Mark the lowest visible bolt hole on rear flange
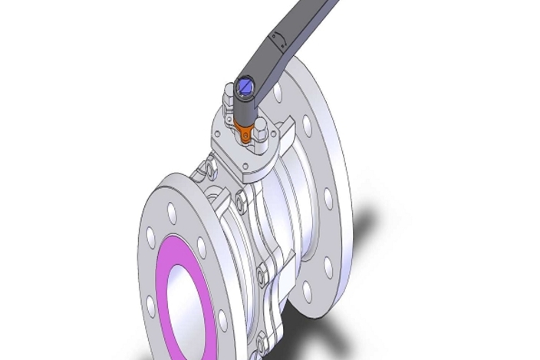tap(307, 292)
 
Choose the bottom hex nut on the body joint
tap(262, 337)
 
